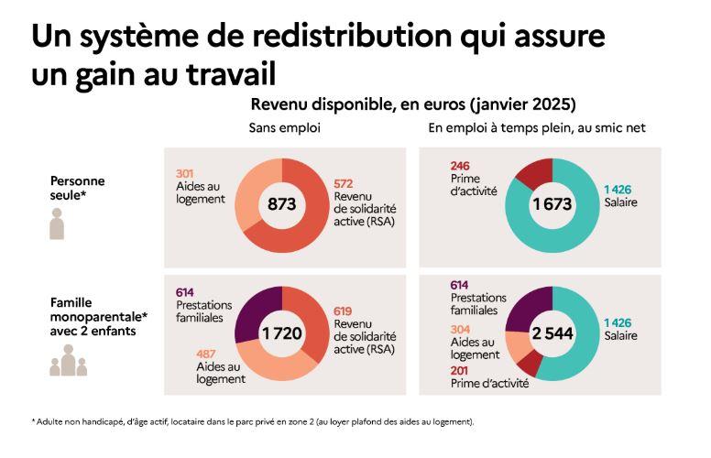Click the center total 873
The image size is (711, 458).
pyautogui.click(x=281, y=203)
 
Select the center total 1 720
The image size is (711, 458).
pyautogui.click(x=281, y=334)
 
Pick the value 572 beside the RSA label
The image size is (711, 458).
pyautogui.click(x=345, y=183)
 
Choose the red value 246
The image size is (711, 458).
pyautogui.click(x=460, y=165)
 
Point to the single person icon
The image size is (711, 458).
pyautogui.click(x=57, y=224)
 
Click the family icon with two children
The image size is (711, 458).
pyautogui.click(x=68, y=363)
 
